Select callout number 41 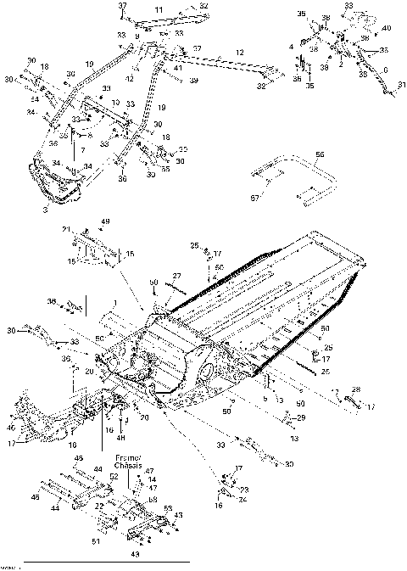click(x=177, y=67)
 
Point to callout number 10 click(x=115, y=102)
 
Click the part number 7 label click(x=82, y=149)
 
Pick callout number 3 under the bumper click(x=45, y=207)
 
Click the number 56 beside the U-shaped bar click(x=320, y=154)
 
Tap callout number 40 click(x=386, y=29)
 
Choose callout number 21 click(x=66, y=230)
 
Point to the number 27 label click(x=176, y=276)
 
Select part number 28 click(x=356, y=389)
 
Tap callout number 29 click(x=302, y=418)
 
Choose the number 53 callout click(x=168, y=507)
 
